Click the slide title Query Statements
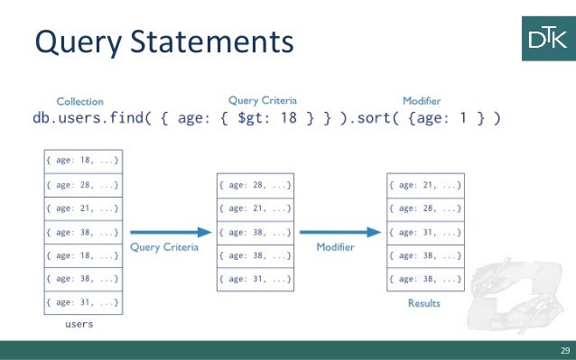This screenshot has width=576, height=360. pos(163,41)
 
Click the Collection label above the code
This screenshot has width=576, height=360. pos(79,102)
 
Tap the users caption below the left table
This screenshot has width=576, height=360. pos(81,322)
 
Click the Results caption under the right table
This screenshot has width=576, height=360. pos(423,303)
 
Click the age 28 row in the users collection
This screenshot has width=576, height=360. pos(82,184)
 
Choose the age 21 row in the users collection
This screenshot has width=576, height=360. pos(82,208)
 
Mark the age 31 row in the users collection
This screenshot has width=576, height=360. pos(82,301)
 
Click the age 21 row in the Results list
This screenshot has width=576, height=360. pos(424,184)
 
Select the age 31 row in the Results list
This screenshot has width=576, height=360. pos(424,231)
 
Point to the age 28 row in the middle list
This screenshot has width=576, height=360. pos(254,184)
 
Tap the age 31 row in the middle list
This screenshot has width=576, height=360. pos(254,278)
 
